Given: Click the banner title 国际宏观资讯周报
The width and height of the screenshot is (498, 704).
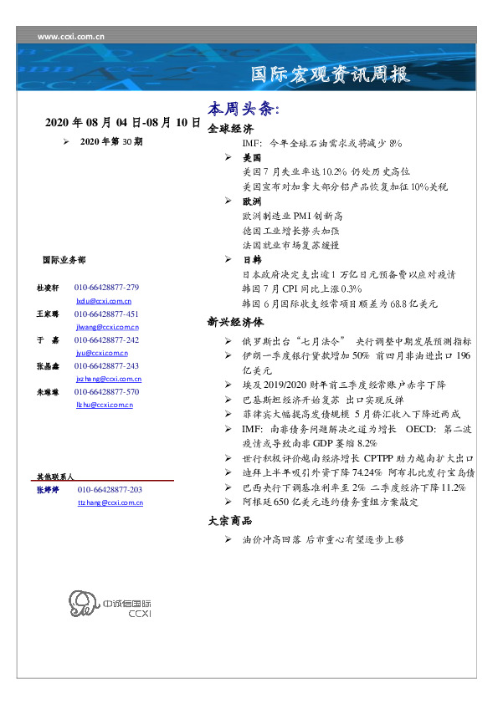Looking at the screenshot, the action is pos(331,74).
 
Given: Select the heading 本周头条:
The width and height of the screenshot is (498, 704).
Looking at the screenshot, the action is pos(244,110).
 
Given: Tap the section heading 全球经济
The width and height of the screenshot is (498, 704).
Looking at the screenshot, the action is pos(230,129).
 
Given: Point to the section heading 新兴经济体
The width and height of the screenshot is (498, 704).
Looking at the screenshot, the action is pos(236,321).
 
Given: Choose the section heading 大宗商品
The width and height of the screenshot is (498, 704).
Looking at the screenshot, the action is pos(230,521).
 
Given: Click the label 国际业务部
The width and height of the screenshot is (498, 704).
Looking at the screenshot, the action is pos(63,260).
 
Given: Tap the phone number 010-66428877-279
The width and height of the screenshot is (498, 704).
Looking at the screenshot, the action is pos(106,287).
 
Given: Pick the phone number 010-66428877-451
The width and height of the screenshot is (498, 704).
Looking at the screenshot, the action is pos(106,314).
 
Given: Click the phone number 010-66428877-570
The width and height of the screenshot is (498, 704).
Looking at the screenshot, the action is pos(106,391).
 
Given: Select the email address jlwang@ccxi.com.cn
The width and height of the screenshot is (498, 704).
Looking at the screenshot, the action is pos(107,327).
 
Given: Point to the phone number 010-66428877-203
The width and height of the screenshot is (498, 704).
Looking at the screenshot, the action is pos(110,489).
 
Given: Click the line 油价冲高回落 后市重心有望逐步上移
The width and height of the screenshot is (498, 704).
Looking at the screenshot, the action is pos(323,540).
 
